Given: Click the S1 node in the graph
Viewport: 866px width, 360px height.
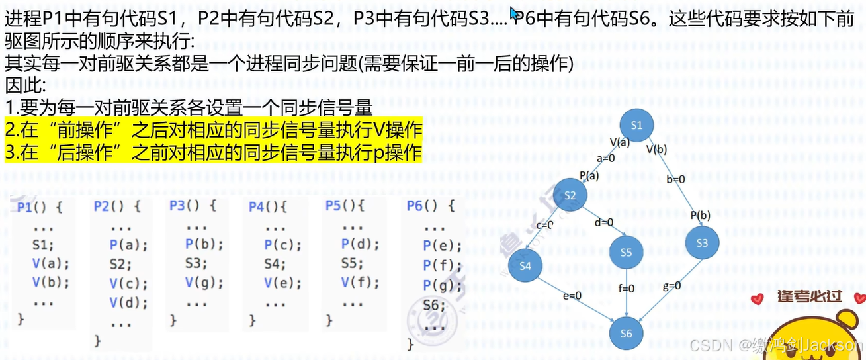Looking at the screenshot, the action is [636, 125].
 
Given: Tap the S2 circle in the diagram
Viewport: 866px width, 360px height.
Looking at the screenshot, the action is [571, 195].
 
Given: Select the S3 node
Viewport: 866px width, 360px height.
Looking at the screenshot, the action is [702, 243].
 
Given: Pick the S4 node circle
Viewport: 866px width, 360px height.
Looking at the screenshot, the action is [525, 266].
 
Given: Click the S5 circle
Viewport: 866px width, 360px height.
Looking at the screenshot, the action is [626, 252].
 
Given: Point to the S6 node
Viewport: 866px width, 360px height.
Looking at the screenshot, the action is [626, 334].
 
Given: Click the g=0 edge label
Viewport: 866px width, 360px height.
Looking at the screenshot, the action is [671, 286].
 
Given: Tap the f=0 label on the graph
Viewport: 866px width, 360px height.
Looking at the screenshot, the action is [626, 289].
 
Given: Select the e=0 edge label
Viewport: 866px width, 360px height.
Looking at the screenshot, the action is [572, 296].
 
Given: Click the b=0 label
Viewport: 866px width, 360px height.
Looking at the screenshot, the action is [675, 179].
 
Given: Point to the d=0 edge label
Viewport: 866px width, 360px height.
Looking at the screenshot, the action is [604, 222].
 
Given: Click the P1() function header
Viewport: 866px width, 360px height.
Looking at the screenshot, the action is [40, 207].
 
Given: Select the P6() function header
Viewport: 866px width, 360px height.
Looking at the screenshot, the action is [431, 206].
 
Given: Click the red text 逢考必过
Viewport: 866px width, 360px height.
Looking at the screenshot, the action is [809, 296].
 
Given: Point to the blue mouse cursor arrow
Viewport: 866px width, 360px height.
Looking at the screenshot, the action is [513, 12].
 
